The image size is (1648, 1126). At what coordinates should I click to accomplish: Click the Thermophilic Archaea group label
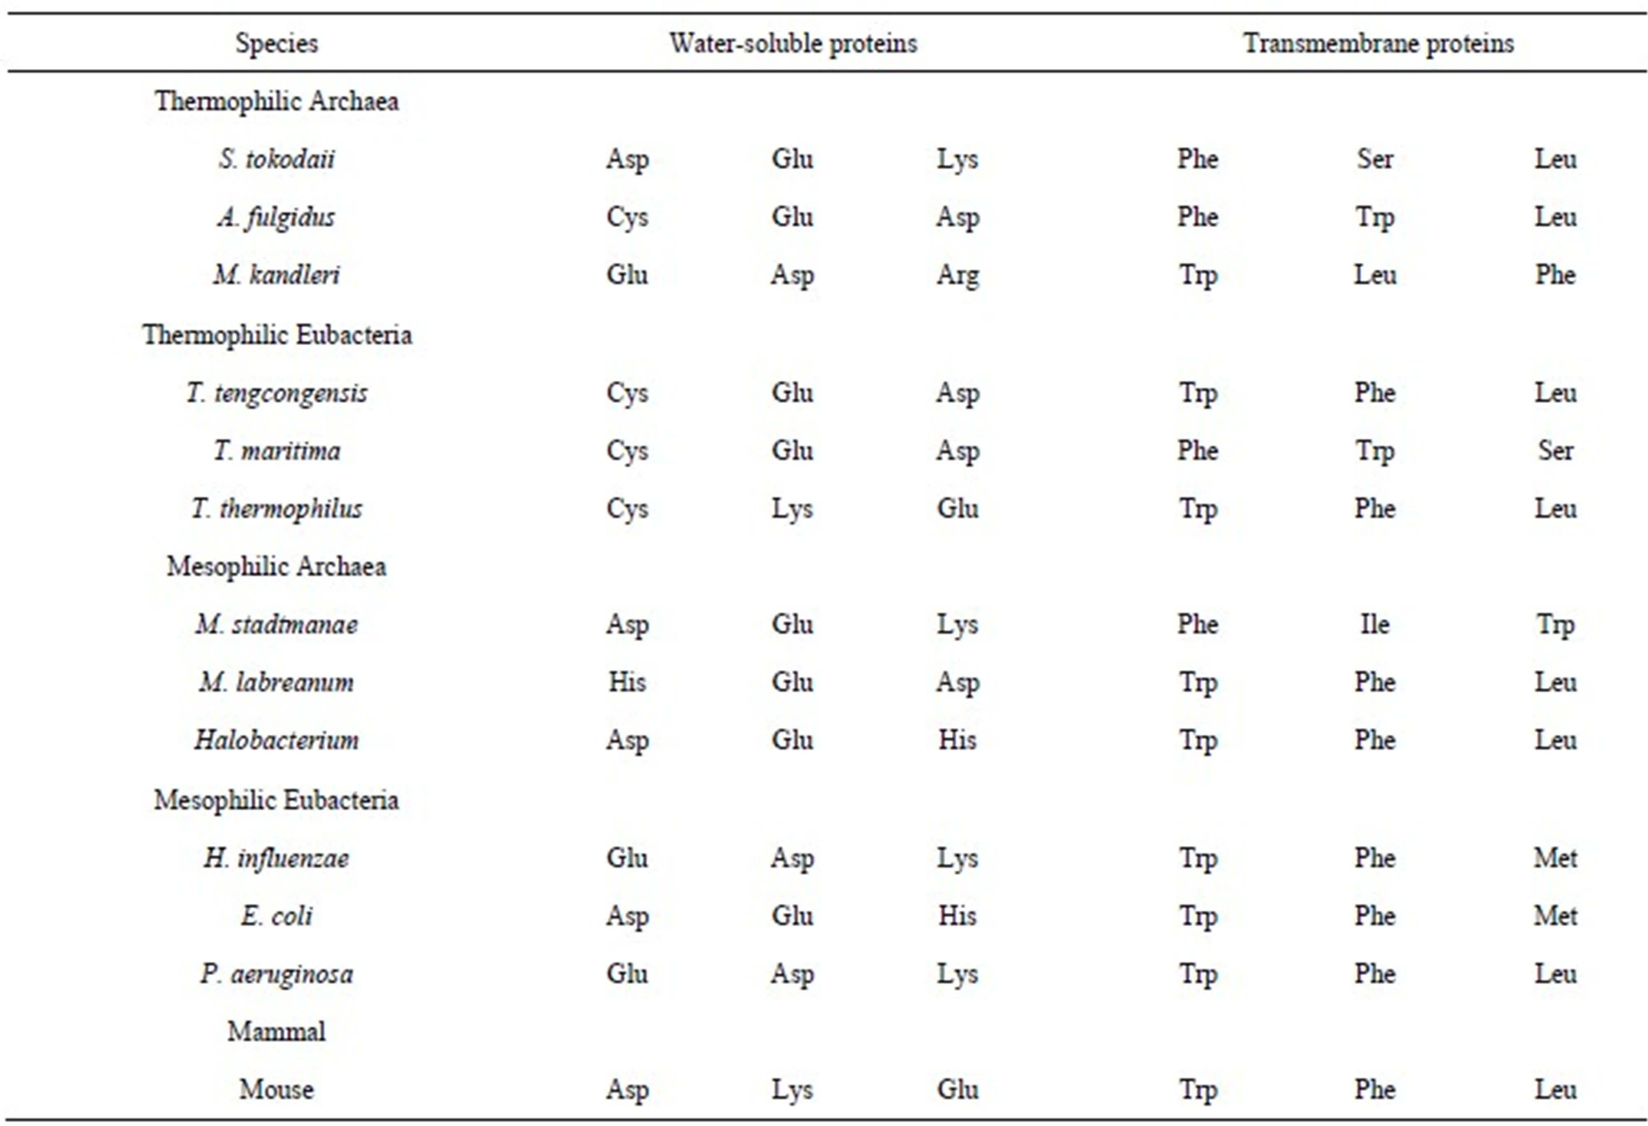[x=277, y=102]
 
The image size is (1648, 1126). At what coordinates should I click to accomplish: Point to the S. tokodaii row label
[x=277, y=159]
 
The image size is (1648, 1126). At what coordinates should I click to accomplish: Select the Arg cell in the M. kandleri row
[x=957, y=275]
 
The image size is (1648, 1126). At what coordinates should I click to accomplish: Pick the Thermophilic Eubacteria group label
[x=277, y=334]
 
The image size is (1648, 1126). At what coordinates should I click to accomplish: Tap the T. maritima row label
[x=277, y=451]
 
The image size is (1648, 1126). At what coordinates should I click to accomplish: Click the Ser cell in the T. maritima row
[x=1555, y=451]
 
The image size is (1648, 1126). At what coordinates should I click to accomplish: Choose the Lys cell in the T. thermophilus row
[x=792, y=509]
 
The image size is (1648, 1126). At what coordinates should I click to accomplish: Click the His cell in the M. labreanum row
[x=627, y=683]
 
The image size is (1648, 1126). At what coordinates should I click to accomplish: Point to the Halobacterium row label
[x=277, y=740]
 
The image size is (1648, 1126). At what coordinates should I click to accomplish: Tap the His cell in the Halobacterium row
[x=957, y=740]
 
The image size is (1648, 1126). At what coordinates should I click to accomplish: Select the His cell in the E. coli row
[x=957, y=915]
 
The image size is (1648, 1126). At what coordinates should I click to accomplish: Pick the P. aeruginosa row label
[x=277, y=974]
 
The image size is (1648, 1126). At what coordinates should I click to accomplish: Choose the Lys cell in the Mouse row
[x=792, y=1090]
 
